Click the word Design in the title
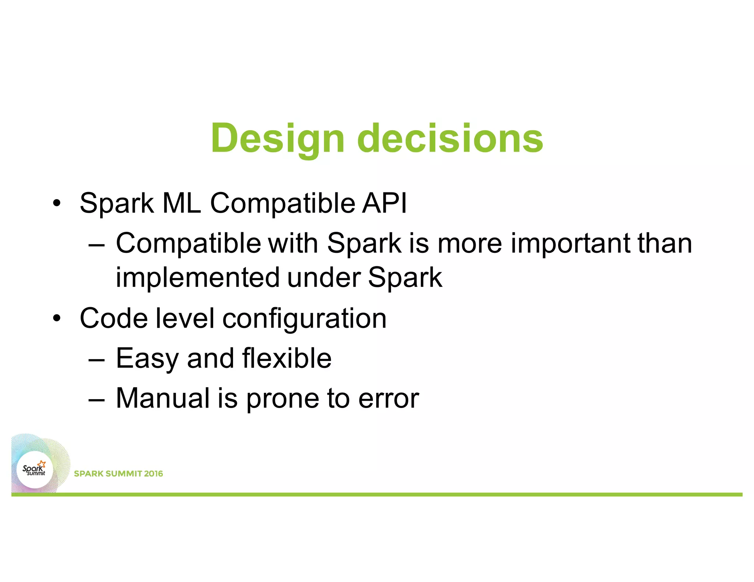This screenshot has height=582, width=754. point(277,139)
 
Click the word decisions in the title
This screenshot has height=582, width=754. point(450,139)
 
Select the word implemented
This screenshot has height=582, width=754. point(197,277)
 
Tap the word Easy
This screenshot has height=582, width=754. point(147,359)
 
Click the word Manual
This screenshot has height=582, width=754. point(162,398)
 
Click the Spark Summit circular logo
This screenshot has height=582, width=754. point(35,470)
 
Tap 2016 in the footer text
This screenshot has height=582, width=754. point(153,473)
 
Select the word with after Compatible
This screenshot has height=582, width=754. point(293,243)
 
